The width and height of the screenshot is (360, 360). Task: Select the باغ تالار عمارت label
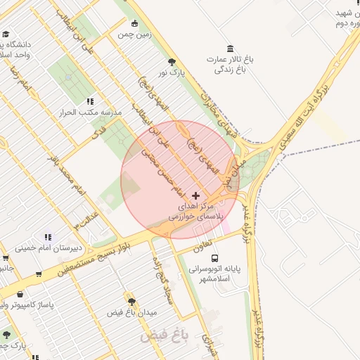click(x=230, y=64)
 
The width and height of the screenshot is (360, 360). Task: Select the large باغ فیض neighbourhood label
click(x=165, y=335)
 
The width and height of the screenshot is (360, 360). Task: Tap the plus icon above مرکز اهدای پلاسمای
click(x=195, y=195)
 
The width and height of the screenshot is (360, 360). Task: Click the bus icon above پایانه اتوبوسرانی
click(x=214, y=258)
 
